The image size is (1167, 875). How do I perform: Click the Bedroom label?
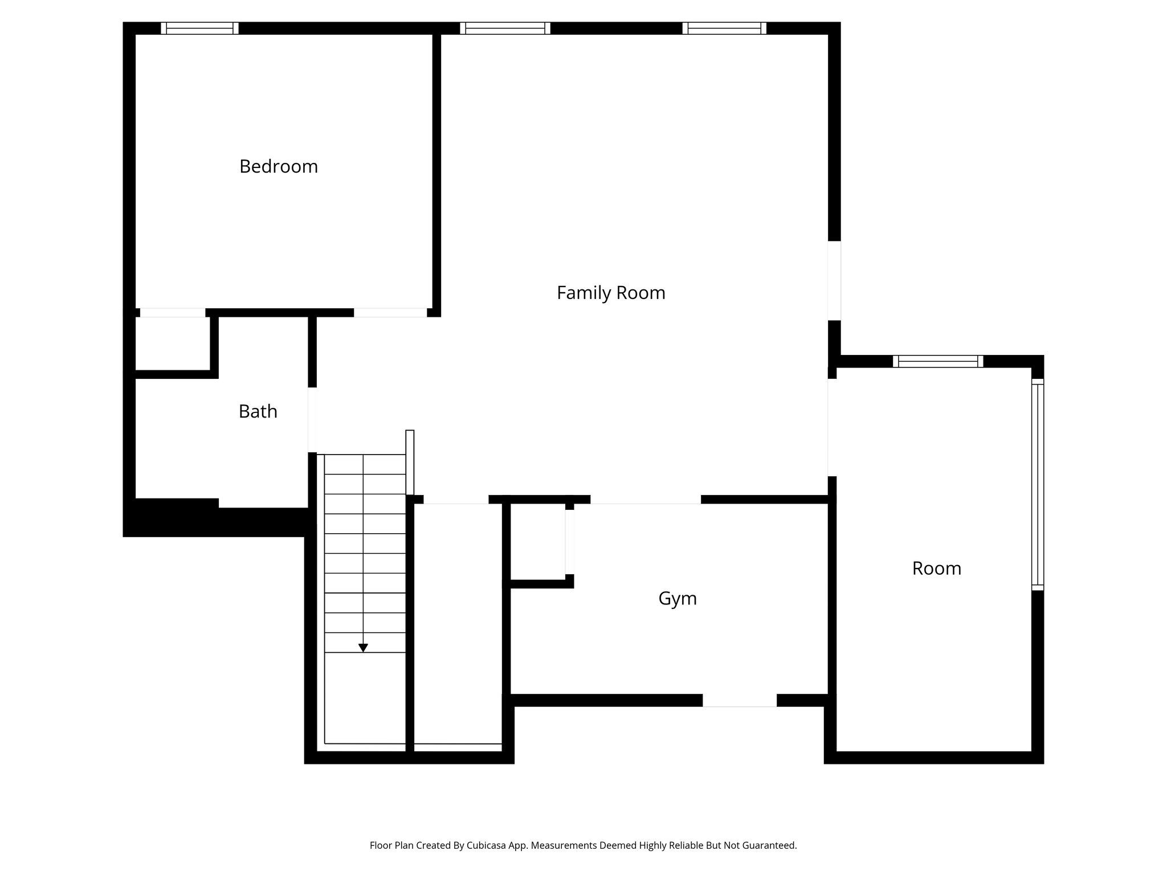(278, 166)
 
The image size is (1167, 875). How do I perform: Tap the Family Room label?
(611, 293)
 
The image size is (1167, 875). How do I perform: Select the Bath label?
(258, 411)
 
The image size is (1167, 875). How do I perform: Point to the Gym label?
(677, 598)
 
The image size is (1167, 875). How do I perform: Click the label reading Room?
(936, 568)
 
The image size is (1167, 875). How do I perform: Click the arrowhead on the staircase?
(363, 648)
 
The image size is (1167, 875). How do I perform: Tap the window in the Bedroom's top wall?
(199, 28)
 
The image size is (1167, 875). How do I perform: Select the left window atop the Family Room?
(505, 28)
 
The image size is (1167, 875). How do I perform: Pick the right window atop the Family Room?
(724, 28)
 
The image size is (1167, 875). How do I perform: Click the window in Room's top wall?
(937, 361)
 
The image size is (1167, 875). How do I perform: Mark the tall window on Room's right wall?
(1038, 485)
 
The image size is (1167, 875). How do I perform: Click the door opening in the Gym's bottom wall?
(739, 700)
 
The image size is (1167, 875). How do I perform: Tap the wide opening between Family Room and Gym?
(645, 500)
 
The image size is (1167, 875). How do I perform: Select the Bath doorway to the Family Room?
(312, 420)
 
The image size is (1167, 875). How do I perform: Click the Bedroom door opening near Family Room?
(390, 312)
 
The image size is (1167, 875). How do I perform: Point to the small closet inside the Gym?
(537, 542)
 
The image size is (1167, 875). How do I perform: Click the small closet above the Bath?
(172, 343)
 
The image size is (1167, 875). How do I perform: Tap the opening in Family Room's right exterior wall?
(834, 280)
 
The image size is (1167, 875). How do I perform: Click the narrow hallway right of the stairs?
(458, 621)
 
